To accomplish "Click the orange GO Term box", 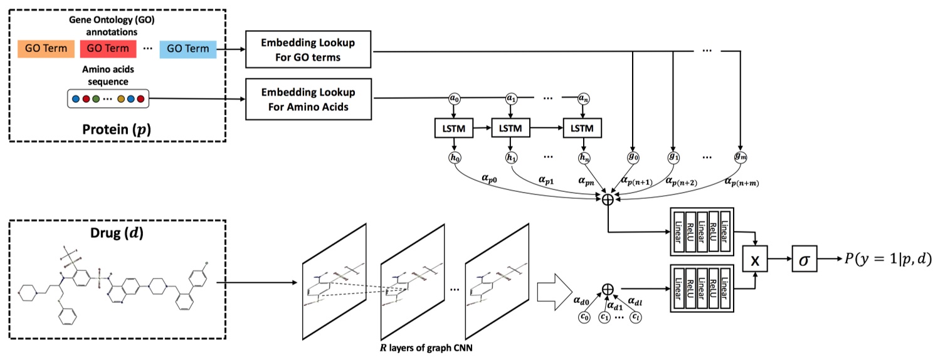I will tap(46, 48).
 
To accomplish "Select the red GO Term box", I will tap(108, 48).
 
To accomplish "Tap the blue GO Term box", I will tap(188, 48).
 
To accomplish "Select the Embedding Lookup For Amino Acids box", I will tap(308, 99).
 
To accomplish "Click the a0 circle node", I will tap(453, 98).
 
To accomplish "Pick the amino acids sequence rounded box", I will tap(108, 98).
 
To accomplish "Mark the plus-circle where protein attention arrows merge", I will tap(607, 199).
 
